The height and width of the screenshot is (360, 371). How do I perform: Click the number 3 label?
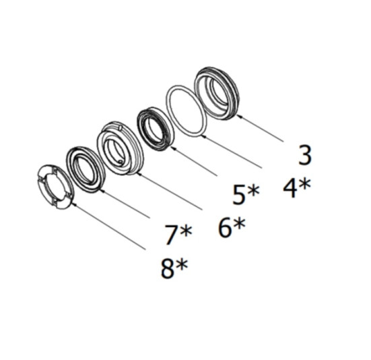pos(304,155)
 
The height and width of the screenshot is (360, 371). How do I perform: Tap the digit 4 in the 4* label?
pos(290,189)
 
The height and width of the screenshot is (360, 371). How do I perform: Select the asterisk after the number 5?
pos(253,191)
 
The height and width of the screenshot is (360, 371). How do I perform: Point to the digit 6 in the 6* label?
pos(224,228)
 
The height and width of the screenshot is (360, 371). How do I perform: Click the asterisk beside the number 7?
pos(186,231)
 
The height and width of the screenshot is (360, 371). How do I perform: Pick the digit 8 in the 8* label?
pos(167,269)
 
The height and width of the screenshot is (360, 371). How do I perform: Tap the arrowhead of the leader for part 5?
pos(173,148)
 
